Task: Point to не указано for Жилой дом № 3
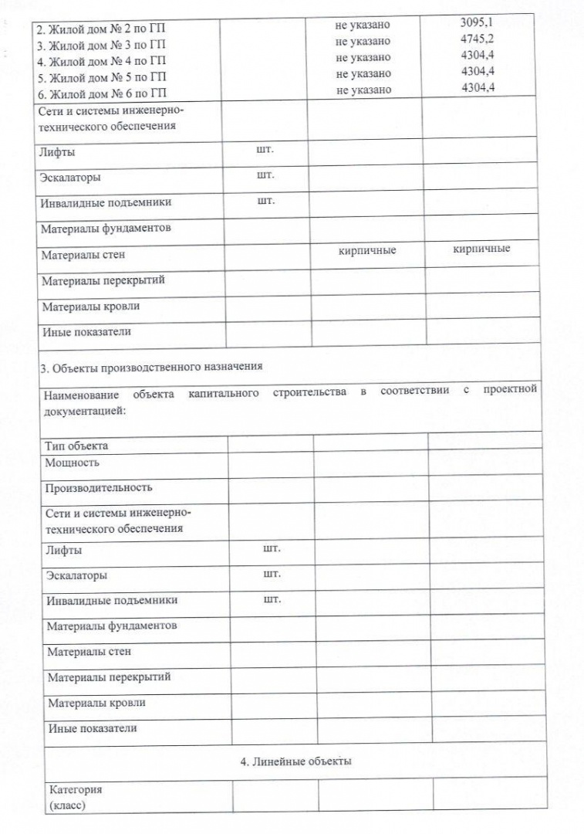click(x=363, y=41)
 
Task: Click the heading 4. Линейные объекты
click(x=295, y=762)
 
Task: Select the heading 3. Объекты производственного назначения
click(x=151, y=367)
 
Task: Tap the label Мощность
click(x=72, y=463)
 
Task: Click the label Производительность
click(x=98, y=487)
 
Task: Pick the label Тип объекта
click(x=76, y=446)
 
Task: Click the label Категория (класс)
click(x=75, y=797)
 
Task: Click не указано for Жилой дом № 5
click(x=363, y=73)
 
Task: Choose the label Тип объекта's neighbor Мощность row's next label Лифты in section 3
click(x=64, y=551)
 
